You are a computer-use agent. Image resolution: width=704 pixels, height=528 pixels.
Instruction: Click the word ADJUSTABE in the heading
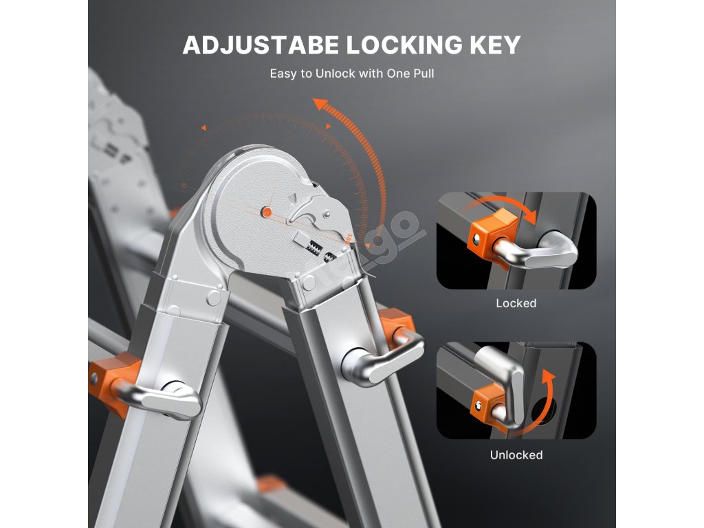261,45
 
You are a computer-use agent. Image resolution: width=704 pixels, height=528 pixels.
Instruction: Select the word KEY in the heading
494,45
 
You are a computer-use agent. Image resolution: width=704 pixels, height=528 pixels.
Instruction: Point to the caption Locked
516,303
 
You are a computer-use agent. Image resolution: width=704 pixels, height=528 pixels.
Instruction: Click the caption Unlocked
516,455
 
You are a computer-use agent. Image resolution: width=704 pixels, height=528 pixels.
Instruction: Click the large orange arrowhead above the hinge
320,105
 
